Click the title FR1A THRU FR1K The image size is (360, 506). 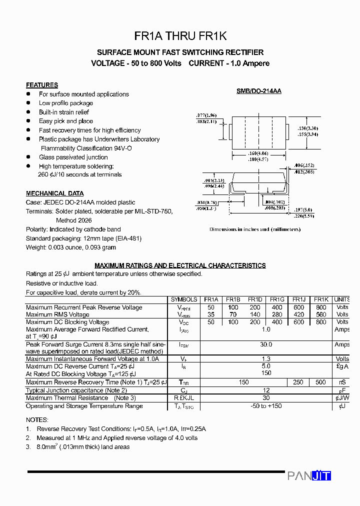point(180,36)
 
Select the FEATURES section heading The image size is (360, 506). point(42,85)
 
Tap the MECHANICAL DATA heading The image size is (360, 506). point(55,193)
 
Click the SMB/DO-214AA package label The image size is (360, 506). point(258,91)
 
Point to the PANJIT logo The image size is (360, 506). point(309,476)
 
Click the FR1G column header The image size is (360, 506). point(277,299)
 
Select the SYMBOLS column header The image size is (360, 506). point(184,299)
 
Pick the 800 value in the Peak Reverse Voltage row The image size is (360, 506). point(321,307)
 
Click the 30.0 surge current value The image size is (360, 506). point(266,344)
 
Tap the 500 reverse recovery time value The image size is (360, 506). point(321,382)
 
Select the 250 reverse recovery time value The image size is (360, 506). point(298,382)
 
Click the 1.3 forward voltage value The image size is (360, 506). point(266,359)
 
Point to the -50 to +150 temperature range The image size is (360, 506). point(266,406)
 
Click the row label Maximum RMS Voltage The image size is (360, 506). point(57,314)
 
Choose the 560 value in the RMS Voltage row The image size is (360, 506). point(321,314)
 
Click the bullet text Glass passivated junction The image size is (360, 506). point(73,157)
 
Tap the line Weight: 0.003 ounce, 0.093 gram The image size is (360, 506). point(71,247)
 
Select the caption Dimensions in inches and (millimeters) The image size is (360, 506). point(255,229)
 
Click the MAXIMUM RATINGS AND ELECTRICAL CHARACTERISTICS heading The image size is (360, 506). point(180,265)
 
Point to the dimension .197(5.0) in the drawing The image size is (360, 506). point(303,210)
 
